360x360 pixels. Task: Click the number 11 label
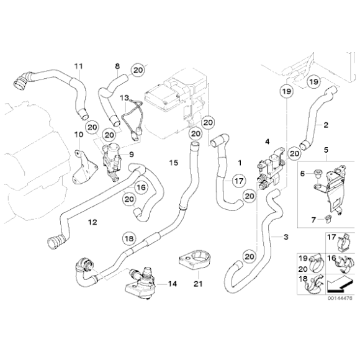[78, 66]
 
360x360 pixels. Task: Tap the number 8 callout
[116, 66]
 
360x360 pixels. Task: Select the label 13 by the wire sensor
[125, 98]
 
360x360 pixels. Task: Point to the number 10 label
[78, 135]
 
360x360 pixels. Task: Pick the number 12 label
[92, 220]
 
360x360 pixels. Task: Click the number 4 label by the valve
[267, 142]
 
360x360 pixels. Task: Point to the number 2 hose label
[325, 125]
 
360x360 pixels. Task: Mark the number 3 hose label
[286, 237]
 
